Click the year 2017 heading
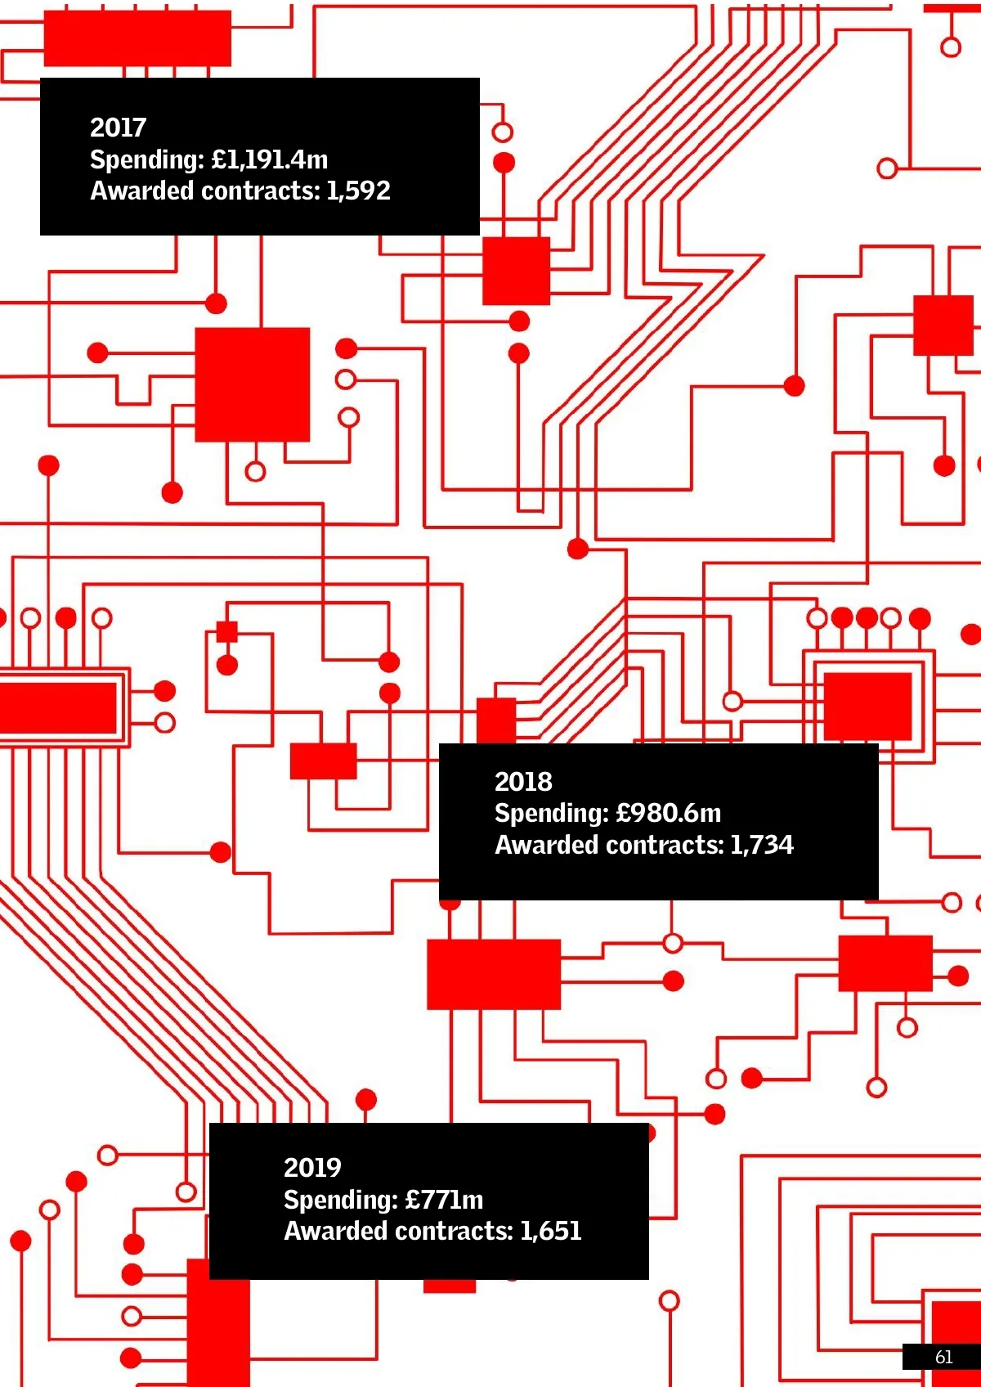[118, 128]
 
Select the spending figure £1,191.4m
[269, 159]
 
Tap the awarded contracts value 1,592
[358, 191]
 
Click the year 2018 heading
[523, 782]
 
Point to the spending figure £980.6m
[669, 813]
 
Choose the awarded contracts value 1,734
[761, 845]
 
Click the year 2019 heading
[312, 1168]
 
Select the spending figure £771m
[444, 1200]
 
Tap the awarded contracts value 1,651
[550, 1231]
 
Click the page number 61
[943, 1357]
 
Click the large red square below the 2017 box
[252, 384]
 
